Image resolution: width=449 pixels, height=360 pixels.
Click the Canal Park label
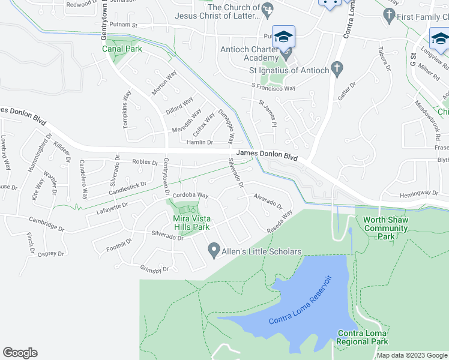(x=122, y=49)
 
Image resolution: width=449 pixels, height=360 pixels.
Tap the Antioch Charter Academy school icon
(x=283, y=37)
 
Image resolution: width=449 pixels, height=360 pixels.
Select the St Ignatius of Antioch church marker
(x=337, y=70)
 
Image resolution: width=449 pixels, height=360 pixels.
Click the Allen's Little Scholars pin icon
(x=213, y=251)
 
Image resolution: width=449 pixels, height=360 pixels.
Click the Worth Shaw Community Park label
(x=386, y=228)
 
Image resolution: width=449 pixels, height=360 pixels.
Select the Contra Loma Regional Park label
(x=363, y=337)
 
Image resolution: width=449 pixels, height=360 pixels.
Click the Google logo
(x=20, y=353)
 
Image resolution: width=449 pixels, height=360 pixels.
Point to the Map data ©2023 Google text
(x=412, y=356)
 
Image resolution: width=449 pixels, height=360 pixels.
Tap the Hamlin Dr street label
(x=200, y=142)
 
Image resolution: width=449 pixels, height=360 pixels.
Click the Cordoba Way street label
(x=190, y=195)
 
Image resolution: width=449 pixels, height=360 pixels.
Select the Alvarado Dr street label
(x=267, y=200)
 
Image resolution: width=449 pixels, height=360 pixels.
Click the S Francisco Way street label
(x=273, y=88)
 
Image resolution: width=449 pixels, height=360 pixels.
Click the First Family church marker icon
(x=390, y=16)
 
